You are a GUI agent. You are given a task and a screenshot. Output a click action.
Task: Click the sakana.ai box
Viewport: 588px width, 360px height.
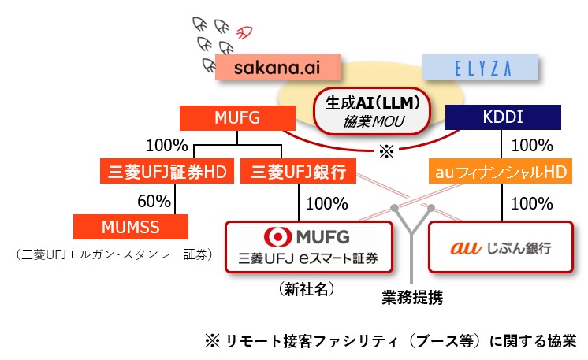tap(276, 67)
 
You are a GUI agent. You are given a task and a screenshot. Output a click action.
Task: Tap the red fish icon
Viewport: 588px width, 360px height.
tap(244, 33)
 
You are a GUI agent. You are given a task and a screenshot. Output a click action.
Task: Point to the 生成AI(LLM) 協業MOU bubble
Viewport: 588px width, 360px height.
tap(371, 111)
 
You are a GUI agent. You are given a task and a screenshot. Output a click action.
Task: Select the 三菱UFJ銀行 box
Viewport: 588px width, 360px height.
tap(297, 171)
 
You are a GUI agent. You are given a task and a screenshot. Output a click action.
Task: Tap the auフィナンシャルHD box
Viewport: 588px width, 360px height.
tap(502, 171)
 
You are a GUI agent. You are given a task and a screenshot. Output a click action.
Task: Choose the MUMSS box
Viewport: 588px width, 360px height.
tap(131, 226)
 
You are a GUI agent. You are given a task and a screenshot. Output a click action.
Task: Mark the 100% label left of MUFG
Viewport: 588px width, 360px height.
tap(166, 145)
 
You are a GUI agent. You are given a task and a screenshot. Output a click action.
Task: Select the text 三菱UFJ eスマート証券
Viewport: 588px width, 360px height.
tap(310, 258)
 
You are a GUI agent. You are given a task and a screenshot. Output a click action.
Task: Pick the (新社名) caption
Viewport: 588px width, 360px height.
tap(307, 289)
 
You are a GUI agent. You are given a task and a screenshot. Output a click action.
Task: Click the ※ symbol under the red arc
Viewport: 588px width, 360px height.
tap(386, 151)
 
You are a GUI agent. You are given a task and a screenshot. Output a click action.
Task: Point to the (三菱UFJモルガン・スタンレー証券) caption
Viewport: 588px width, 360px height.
tap(114, 254)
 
